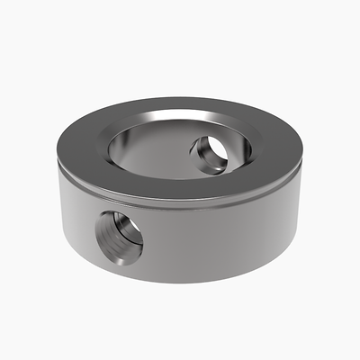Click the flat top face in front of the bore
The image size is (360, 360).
tap(171, 184)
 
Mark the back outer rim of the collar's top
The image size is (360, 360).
tap(180, 100)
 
